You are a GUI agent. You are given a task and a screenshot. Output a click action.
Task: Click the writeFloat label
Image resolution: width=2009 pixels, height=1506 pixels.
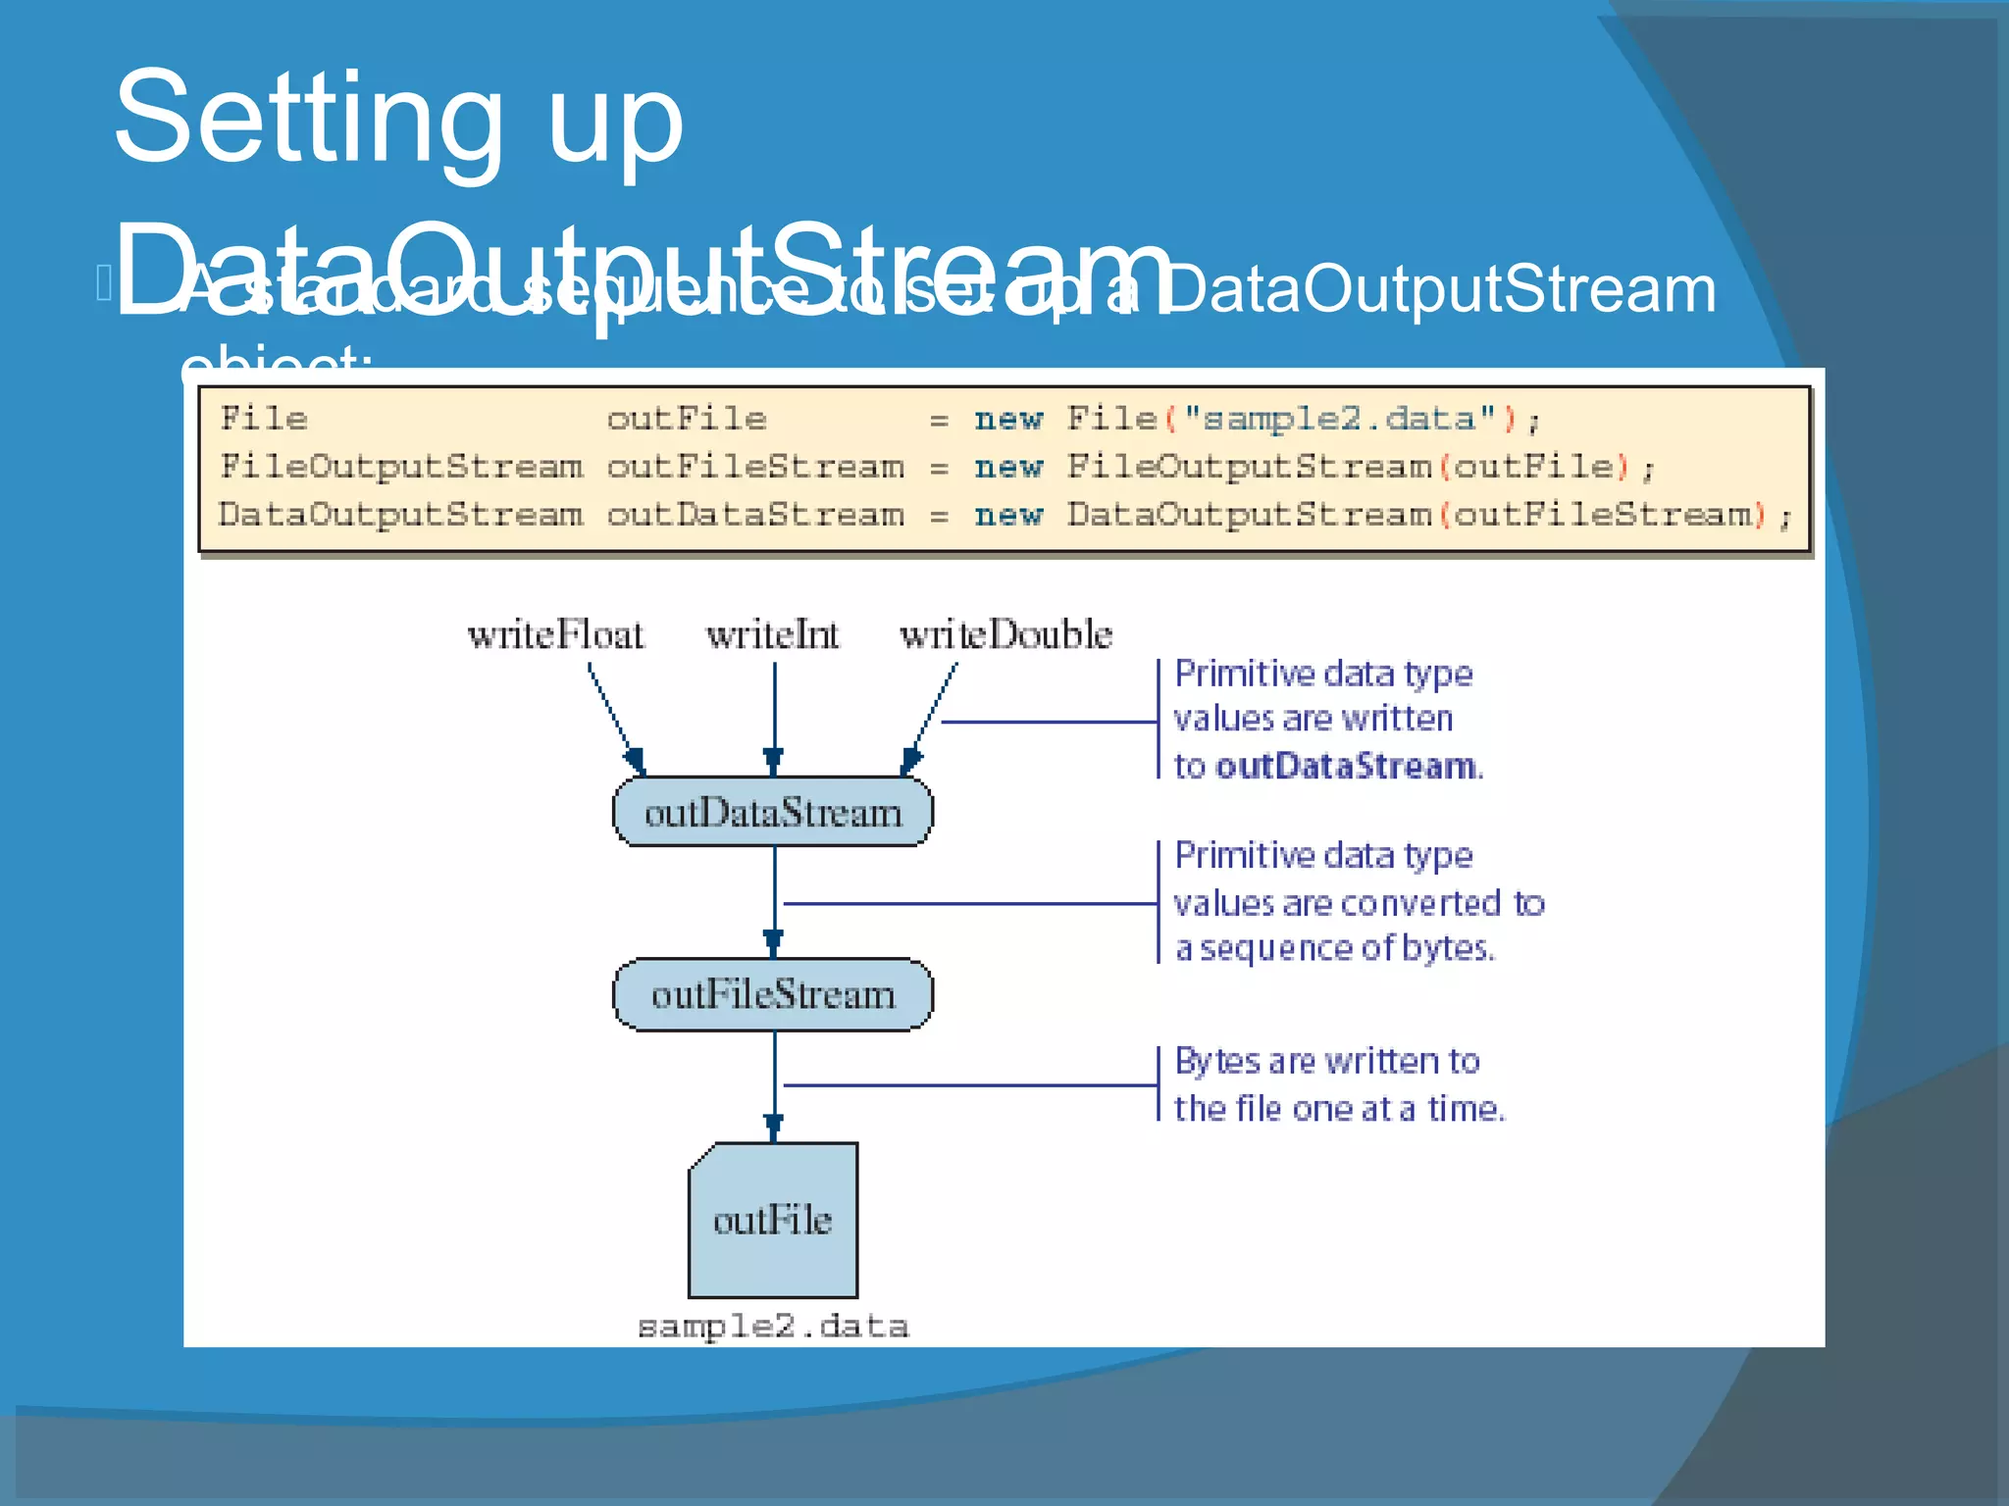[556, 635]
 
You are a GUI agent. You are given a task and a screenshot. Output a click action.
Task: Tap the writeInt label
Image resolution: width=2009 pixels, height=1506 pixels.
[773, 635]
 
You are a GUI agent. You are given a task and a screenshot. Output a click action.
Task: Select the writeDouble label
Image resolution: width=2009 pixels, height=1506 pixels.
[1006, 635]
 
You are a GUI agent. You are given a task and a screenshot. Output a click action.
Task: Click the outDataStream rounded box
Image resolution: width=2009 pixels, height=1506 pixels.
[773, 812]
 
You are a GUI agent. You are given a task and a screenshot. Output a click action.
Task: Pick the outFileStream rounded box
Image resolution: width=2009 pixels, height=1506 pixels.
[773, 994]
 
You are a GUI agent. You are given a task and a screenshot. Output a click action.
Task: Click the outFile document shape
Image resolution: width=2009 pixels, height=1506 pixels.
[773, 1220]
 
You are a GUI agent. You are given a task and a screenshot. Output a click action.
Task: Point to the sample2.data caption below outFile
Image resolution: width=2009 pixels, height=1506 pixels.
[773, 1327]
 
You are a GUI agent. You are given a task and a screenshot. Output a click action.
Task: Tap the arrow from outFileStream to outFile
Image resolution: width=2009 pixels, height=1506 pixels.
[774, 1084]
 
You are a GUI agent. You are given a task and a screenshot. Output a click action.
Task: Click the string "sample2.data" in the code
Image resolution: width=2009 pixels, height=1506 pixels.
[1339, 420]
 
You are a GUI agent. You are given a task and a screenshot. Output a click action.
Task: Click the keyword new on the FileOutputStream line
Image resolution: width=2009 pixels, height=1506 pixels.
[1008, 468]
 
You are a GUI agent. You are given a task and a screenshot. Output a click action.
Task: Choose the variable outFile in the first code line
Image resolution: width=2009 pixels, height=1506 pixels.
[686, 420]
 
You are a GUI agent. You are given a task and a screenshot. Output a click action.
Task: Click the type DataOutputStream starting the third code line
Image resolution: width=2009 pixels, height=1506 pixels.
[400, 515]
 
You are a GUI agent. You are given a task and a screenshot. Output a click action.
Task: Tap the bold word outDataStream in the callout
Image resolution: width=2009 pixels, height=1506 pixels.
[1345, 766]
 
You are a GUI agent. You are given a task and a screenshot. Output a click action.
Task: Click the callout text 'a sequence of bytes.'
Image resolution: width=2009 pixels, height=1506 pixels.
[1334, 948]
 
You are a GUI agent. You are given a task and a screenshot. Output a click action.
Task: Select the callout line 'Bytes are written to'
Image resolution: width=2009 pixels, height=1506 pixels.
[1326, 1061]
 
